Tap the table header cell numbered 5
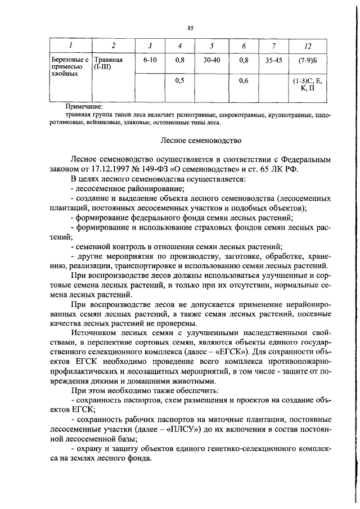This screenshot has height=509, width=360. (211, 45)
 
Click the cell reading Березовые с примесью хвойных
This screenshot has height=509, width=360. (66, 66)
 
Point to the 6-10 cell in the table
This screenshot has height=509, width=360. (150, 58)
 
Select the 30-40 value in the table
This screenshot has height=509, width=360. (211, 58)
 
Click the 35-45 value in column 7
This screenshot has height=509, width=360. (274, 58)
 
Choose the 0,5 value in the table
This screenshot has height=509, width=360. (180, 81)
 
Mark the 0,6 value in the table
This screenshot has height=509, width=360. (244, 81)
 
